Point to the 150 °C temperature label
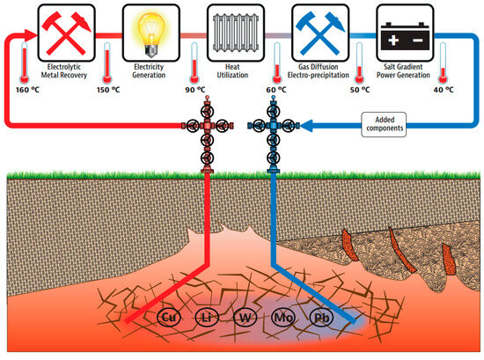click(x=108, y=89)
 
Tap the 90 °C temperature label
click(x=194, y=89)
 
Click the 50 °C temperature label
click(x=361, y=89)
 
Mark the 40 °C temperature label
click(x=444, y=89)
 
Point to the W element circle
click(x=246, y=316)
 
